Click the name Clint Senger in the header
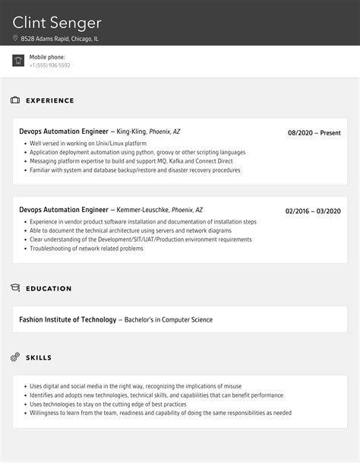tap(57, 22)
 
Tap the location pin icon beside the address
tap(15, 39)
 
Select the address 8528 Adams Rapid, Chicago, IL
tap(60, 39)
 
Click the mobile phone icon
tap(18, 61)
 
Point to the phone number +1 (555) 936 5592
tap(49, 65)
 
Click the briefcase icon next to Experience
tap(15, 100)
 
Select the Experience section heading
tap(50, 100)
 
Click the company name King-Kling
tap(131, 132)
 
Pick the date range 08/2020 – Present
tap(314, 133)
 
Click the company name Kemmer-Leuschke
tap(142, 210)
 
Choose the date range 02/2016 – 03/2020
tap(313, 211)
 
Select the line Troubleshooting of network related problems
tap(86, 249)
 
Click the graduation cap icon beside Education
tap(15, 288)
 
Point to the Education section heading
tap(49, 289)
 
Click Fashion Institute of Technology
tap(68, 319)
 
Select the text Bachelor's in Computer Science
tap(168, 319)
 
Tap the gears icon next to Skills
tap(15, 357)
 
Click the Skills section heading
tap(39, 357)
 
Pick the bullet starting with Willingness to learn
tap(159, 413)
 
